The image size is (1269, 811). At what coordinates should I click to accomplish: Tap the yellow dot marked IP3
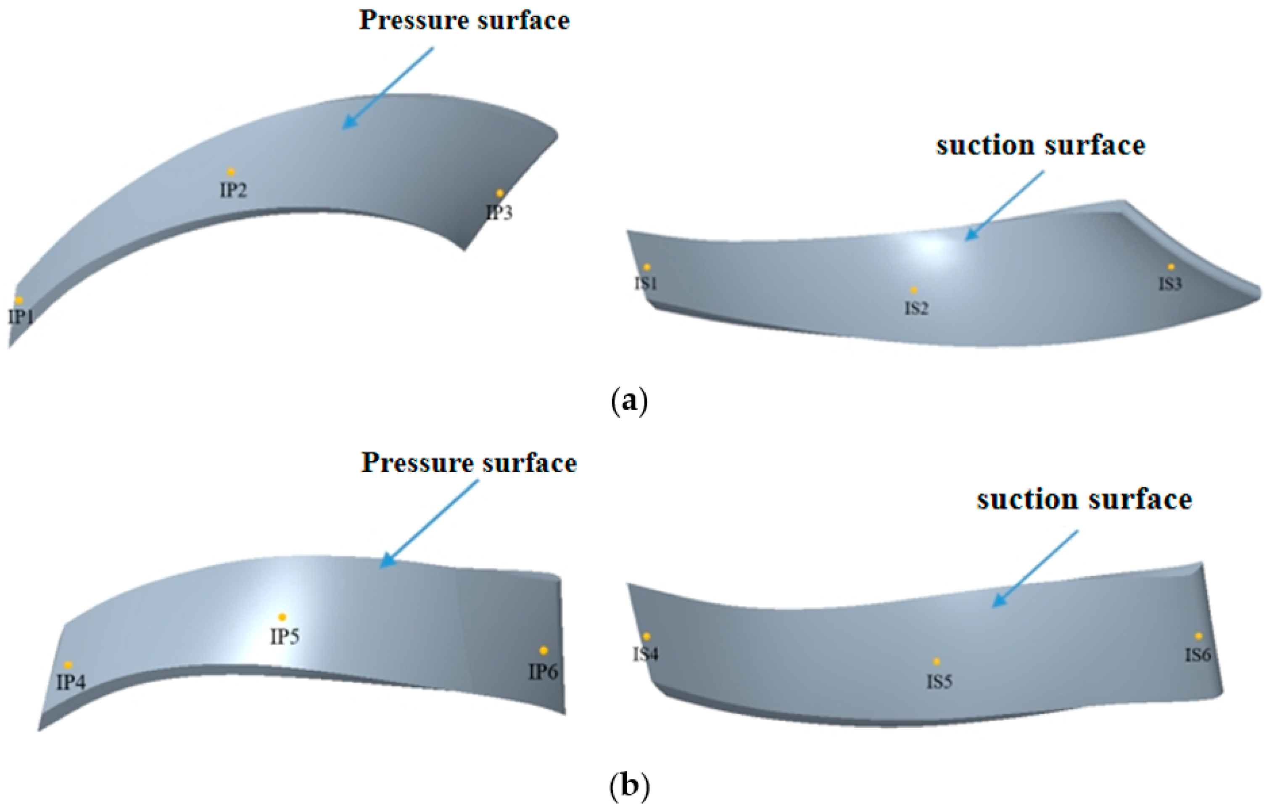500,193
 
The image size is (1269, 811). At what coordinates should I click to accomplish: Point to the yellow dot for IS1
647,268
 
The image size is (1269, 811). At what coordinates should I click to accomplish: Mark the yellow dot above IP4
68,665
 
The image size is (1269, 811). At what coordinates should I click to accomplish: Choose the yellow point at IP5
282,617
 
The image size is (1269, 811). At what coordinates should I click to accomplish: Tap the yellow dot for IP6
544,651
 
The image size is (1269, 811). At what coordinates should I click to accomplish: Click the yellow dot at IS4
646,636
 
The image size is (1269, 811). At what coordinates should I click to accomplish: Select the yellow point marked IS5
937,662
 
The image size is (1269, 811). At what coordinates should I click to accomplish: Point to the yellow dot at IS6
1198,636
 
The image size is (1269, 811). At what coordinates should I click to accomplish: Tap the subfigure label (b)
629,786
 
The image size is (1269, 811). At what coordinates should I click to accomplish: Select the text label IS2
916,308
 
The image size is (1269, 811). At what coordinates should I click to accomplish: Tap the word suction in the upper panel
984,146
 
